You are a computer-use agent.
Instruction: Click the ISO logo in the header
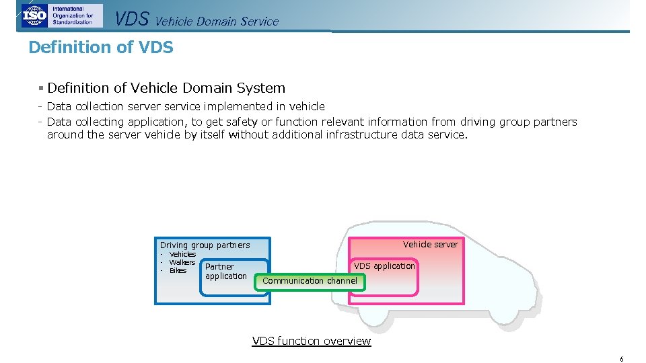pos(34,15)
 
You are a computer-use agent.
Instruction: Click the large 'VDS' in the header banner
pos(132,19)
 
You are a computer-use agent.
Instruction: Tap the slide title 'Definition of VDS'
pos(101,48)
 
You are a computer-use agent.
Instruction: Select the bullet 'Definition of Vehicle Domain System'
pos(166,88)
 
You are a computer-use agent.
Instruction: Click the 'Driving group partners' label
pos(205,245)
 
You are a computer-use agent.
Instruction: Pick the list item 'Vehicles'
pos(182,254)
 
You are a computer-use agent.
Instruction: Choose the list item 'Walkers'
pos(182,262)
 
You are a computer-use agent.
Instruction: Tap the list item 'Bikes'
pos(178,270)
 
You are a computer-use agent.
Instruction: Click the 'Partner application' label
pos(226,272)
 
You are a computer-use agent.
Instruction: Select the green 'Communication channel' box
pos(310,281)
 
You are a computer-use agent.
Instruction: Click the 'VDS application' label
pos(384,266)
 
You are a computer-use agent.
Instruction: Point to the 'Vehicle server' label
pos(430,244)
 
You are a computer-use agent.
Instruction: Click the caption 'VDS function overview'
pos(311,341)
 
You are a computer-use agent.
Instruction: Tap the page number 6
pos(622,359)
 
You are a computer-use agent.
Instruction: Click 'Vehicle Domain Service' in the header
pos(217,22)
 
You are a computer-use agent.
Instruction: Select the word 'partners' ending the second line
pos(555,122)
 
